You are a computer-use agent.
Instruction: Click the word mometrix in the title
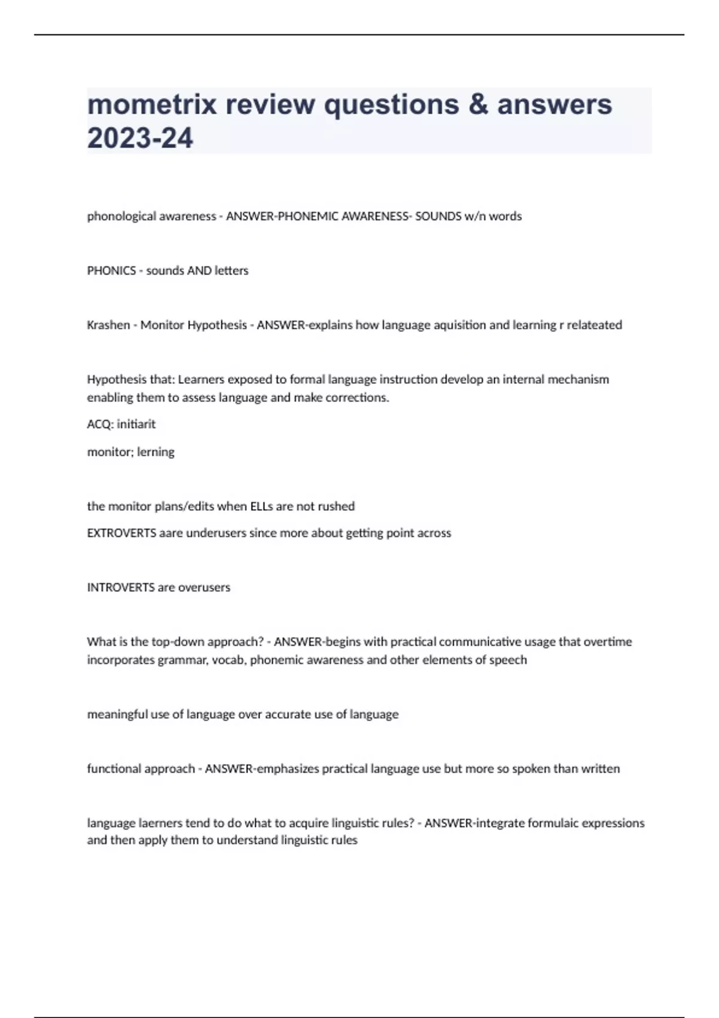click(x=152, y=105)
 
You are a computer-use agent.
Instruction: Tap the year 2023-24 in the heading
click(x=140, y=138)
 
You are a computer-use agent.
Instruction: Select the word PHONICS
click(x=111, y=271)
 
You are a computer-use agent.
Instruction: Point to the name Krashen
click(x=108, y=325)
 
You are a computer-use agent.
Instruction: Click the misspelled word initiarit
click(x=136, y=425)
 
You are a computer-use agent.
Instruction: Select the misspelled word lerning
click(x=156, y=452)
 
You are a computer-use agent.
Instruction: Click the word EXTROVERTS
click(x=122, y=533)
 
